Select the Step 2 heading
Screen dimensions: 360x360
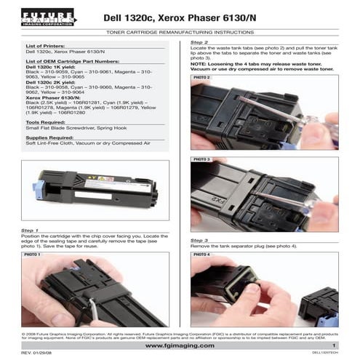click(199, 44)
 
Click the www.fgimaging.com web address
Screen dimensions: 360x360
click(179, 345)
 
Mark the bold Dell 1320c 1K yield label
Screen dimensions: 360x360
click(49, 67)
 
